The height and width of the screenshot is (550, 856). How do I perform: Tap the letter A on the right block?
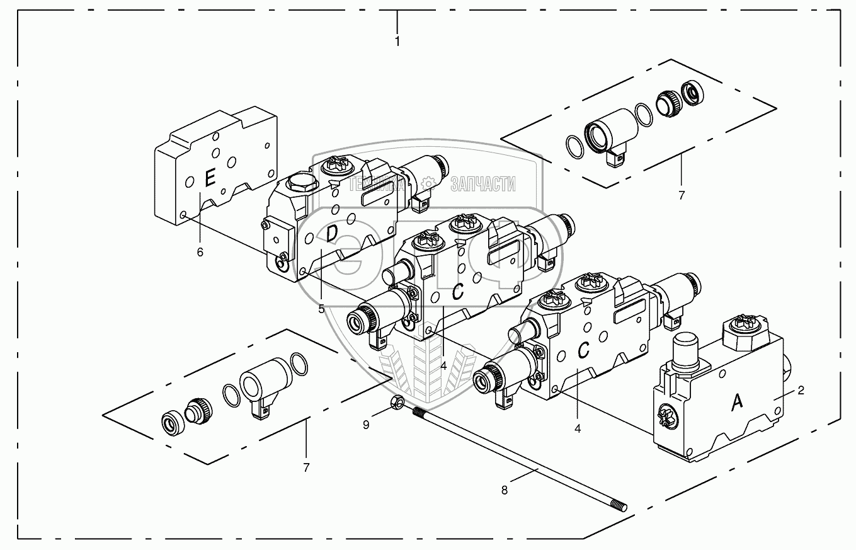(x=736, y=402)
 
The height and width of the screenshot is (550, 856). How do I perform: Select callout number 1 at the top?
(x=397, y=41)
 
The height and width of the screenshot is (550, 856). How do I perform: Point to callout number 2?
(x=801, y=391)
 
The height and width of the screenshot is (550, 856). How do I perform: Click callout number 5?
(x=321, y=309)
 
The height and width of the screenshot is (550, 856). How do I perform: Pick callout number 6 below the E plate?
(x=200, y=252)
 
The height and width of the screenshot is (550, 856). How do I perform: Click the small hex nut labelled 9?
(x=397, y=401)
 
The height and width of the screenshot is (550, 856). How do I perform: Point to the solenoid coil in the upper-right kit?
(x=608, y=129)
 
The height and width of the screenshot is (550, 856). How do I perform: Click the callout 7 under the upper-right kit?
(x=681, y=195)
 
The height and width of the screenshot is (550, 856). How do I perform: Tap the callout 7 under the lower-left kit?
(x=306, y=467)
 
